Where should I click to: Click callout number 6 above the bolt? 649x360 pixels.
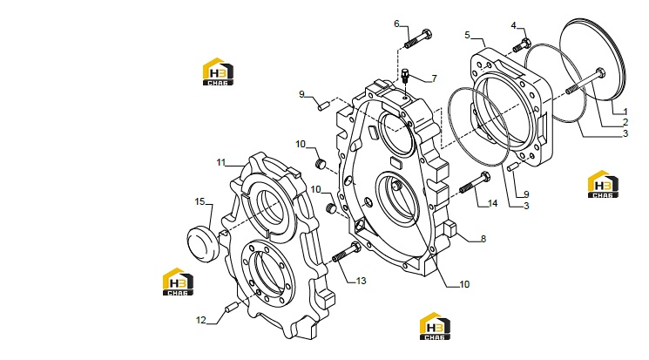pos(396,24)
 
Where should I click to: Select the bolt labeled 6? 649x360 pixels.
pos(418,39)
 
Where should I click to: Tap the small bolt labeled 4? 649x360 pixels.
pos(522,44)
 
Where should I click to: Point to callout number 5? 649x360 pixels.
pos(467,35)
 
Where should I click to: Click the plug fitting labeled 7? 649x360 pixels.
pos(405,77)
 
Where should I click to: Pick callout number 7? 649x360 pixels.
pos(434,78)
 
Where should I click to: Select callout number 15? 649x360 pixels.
pos(199,201)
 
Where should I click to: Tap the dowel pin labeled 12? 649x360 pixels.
pos(231,308)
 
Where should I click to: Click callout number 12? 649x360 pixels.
pos(200,320)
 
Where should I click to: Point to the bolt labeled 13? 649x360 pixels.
pos(347,252)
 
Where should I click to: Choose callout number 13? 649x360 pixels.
pos(361,281)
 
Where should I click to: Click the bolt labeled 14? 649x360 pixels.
pos(475,183)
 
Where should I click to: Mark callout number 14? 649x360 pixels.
pos(492,203)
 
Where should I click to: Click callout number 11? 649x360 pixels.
pos(221,162)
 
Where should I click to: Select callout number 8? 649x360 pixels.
pos(483,239)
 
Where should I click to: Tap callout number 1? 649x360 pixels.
pos(625,112)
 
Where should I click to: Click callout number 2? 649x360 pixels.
pos(625,122)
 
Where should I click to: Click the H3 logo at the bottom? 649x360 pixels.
pos(435,326)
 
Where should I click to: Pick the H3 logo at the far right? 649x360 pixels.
pos(603,184)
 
